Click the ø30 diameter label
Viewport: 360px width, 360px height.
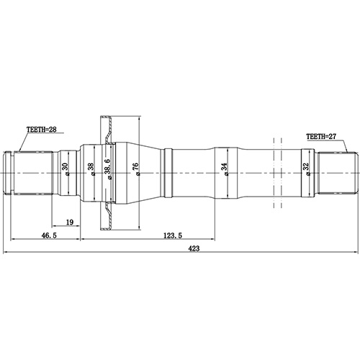(x=66, y=171)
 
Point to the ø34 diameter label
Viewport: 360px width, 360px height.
(x=225, y=170)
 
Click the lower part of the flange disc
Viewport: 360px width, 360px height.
(x=107, y=216)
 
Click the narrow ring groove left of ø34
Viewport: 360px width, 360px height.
(x=168, y=171)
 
